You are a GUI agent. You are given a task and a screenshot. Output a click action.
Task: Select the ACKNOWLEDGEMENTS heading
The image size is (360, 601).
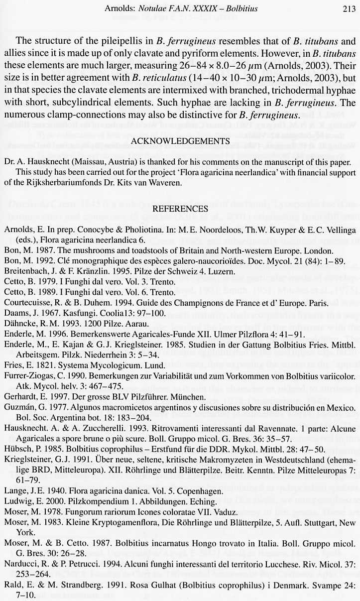point(180,141)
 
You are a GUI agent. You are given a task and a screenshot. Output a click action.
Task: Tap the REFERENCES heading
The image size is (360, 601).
point(180,209)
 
